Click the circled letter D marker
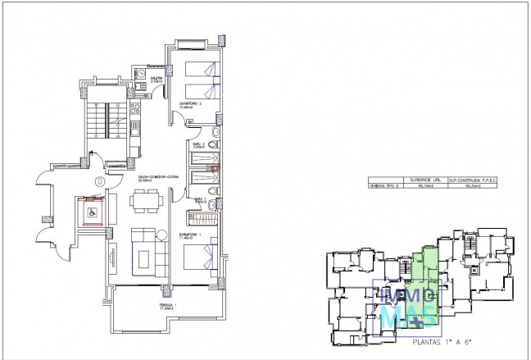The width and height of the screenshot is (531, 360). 98,180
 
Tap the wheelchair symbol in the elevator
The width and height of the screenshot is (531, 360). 92,212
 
